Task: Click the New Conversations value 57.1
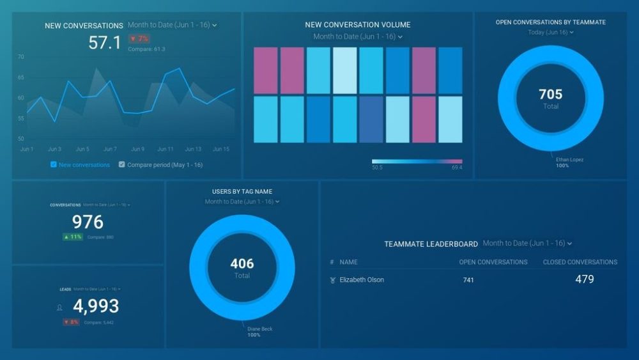coord(104,43)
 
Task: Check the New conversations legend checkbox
coord(54,164)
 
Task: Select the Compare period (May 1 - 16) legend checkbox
coord(122,164)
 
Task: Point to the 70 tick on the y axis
coord(20,57)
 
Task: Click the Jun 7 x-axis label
coord(110,149)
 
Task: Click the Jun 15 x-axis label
coord(220,149)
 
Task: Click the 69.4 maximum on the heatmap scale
coord(456,168)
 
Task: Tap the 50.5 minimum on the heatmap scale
coord(377,168)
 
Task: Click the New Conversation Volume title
coord(358,25)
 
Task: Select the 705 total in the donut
coord(550,95)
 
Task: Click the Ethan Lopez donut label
coord(569,159)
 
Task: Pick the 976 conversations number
coord(88,222)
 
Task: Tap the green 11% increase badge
coord(72,237)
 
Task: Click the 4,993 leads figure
coord(96,306)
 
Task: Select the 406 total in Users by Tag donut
coord(242,263)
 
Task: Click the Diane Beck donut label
coord(260,329)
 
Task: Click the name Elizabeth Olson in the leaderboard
coord(362,280)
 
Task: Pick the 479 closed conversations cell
coord(584,279)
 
